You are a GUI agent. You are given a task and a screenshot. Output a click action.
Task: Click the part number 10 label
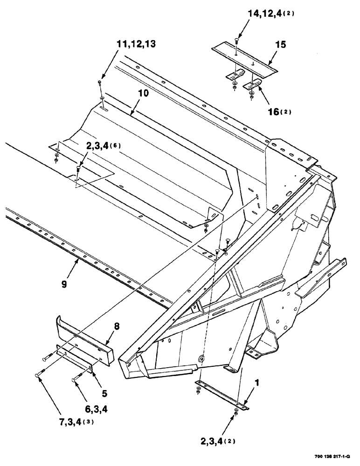(x=143, y=93)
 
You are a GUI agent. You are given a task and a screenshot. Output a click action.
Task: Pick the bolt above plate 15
(x=237, y=42)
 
